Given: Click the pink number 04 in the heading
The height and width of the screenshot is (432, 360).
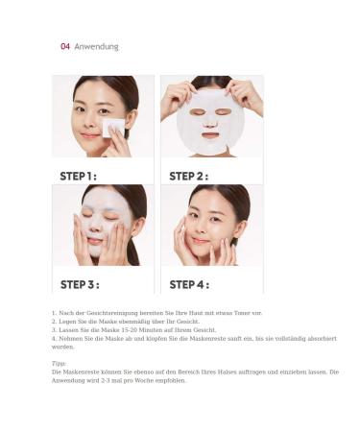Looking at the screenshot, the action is [65, 46].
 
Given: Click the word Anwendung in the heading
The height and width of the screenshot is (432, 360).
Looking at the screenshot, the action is [96, 47].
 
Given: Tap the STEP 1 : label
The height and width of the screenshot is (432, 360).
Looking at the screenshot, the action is [78, 176].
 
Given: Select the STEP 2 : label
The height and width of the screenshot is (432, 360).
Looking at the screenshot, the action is [188, 176].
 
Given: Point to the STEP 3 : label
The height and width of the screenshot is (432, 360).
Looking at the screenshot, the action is [80, 284].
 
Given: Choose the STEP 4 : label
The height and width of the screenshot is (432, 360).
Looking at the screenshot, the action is [189, 284].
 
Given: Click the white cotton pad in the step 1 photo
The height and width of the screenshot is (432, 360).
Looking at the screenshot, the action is [113, 128].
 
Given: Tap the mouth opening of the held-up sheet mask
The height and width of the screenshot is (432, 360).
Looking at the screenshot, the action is [210, 135].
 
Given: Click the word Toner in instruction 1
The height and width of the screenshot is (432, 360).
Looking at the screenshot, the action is [242, 313].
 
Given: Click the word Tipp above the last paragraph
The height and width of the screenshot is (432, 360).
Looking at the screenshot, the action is [59, 364].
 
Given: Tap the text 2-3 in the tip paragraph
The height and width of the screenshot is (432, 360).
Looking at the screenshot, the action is [105, 381].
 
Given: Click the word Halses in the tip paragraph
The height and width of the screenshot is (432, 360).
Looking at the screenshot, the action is [227, 372].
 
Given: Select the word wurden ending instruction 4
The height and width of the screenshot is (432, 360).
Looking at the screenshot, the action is [62, 347].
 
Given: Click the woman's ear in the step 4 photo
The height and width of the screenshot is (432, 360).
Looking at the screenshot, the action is [242, 228].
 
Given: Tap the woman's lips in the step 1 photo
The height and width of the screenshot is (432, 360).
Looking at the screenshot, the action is [90, 136].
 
